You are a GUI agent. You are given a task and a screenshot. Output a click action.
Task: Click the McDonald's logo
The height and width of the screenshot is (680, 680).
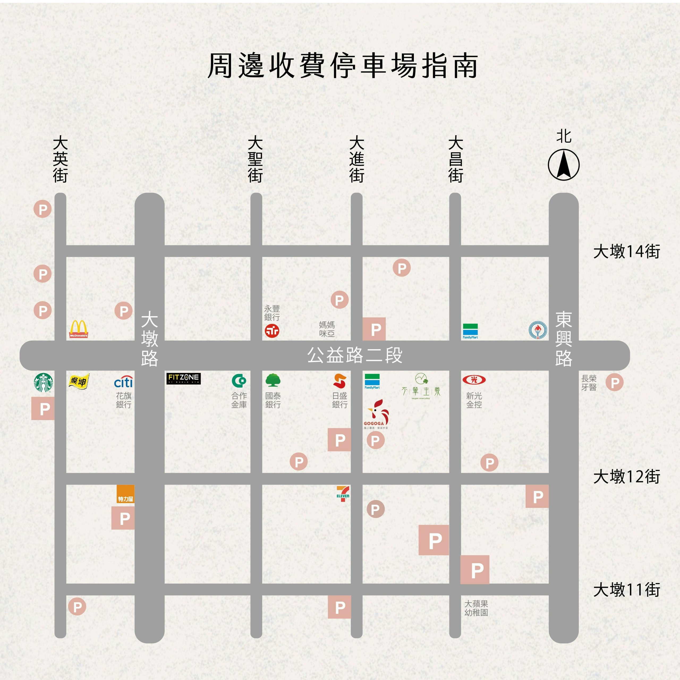click(78, 329)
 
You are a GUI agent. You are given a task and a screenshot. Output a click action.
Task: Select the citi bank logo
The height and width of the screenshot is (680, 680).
click(123, 382)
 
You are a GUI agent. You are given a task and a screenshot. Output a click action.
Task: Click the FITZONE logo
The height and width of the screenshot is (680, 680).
click(183, 378)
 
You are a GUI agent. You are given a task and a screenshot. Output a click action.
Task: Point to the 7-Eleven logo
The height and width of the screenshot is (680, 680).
click(343, 493)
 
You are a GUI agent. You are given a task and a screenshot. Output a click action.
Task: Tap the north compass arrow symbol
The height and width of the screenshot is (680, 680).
click(563, 164)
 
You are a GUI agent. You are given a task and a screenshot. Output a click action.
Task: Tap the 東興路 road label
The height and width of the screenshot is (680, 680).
click(563, 339)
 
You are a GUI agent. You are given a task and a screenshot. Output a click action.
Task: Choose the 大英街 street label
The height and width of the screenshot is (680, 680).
click(60, 159)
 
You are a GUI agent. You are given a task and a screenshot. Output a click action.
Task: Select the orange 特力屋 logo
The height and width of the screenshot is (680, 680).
click(126, 494)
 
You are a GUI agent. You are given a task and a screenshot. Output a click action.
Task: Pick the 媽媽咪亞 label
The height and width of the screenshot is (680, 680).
click(327, 329)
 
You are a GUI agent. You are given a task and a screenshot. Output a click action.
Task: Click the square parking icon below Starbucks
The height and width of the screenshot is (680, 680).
click(43, 409)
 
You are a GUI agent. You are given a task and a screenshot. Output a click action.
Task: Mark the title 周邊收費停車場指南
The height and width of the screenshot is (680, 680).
click(342, 66)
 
